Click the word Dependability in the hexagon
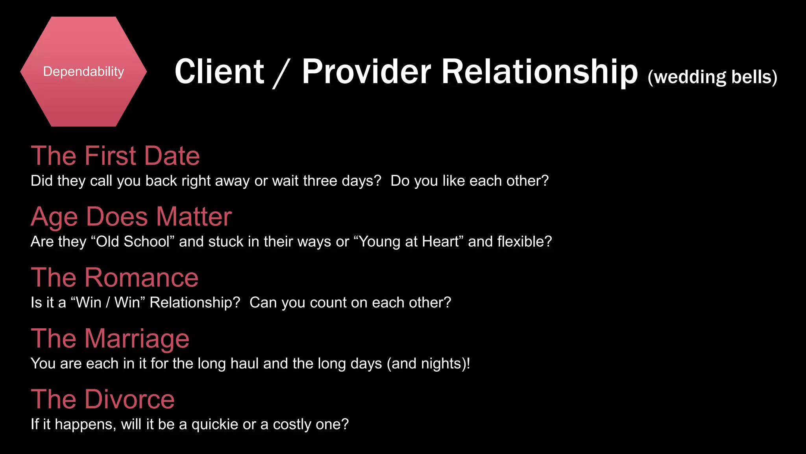click(83, 72)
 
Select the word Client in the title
click(219, 72)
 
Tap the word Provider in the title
click(366, 72)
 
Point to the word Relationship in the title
click(539, 73)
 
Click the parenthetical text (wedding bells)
click(712, 77)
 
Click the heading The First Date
click(115, 156)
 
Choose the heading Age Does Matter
click(131, 217)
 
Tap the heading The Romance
click(115, 277)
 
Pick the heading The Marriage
click(110, 339)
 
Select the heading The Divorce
click(103, 399)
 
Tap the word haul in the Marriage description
click(244, 363)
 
